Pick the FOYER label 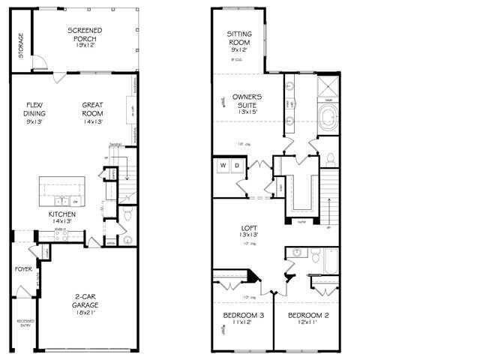pos(23,268)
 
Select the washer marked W pos(223,164)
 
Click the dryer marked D pos(236,164)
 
